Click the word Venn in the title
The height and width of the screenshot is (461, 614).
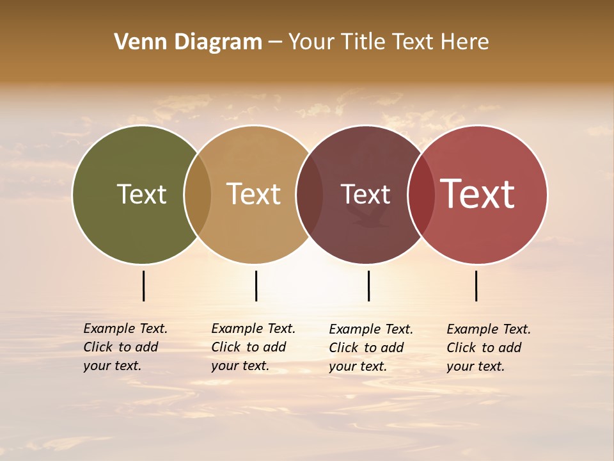point(136,42)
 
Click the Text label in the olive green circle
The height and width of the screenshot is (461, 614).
point(141,194)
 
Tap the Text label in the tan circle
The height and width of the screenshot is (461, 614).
point(254,194)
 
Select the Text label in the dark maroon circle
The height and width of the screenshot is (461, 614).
point(365,194)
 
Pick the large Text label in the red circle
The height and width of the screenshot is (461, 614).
point(478,194)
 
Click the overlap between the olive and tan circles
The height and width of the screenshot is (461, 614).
point(198,194)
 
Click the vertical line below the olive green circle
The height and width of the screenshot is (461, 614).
point(144,286)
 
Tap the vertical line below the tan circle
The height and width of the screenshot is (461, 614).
point(256,286)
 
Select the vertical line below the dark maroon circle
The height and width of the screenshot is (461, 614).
point(369,286)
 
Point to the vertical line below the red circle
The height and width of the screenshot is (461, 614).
point(476,286)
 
